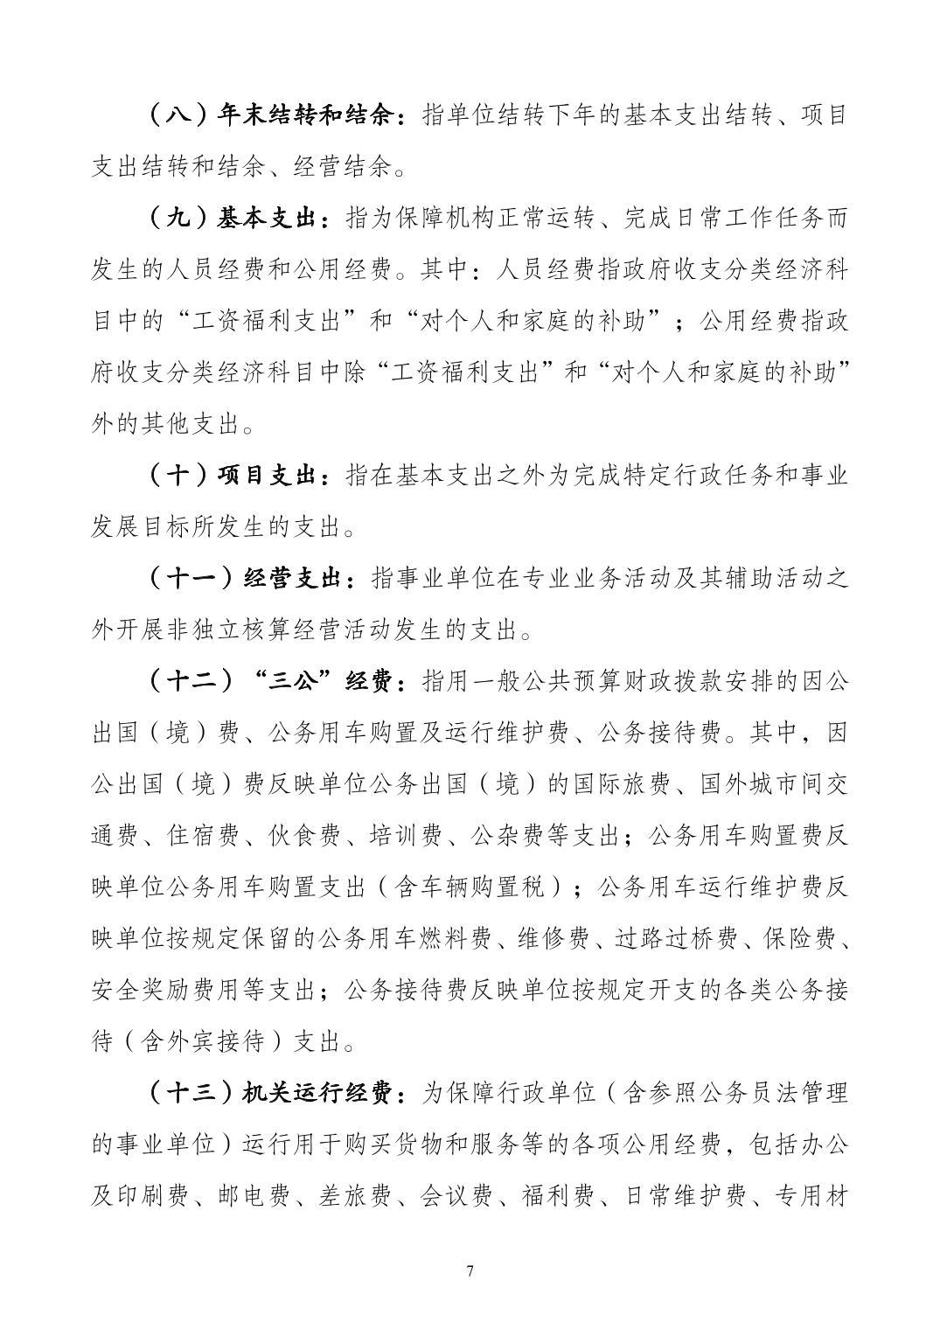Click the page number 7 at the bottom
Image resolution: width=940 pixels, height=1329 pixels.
470,1270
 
